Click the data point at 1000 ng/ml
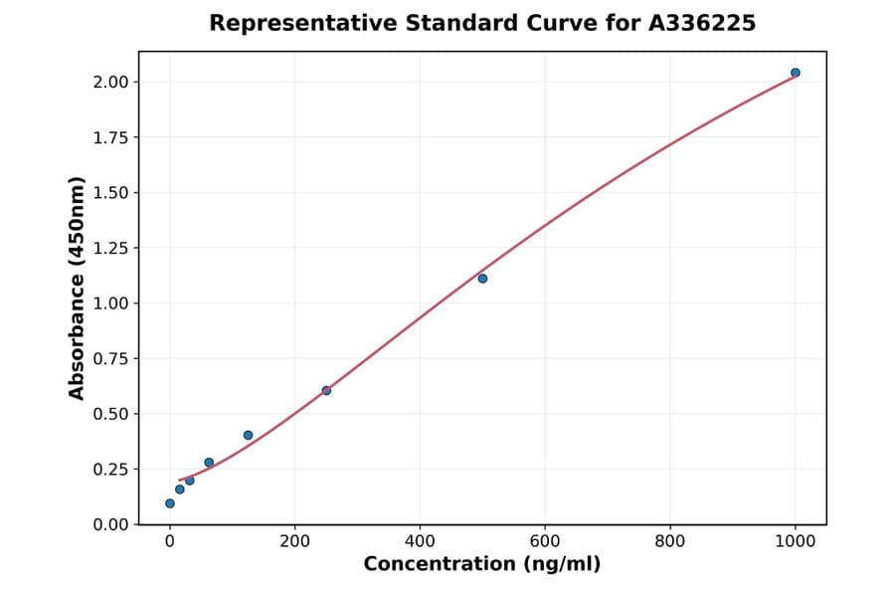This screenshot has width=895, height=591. tap(796, 73)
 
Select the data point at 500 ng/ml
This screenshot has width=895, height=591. tap(482, 279)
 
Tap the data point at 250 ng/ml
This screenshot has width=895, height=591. tap(326, 390)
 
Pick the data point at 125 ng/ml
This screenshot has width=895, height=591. tap(248, 435)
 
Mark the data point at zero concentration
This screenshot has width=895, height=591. tap(170, 503)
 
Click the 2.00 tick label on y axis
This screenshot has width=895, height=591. tap(111, 82)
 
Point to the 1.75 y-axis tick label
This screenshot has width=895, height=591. tap(111, 137)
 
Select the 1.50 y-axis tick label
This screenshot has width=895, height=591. tap(111, 192)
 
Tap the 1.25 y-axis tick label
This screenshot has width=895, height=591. tap(111, 248)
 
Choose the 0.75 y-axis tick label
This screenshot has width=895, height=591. tap(111, 358)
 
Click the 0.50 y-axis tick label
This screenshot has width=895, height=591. tap(111, 414)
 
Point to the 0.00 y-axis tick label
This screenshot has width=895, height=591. tap(111, 524)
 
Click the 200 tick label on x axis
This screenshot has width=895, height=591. tap(294, 542)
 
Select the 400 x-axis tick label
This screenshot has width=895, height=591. tap(420, 542)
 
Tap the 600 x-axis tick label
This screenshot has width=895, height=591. tap(545, 542)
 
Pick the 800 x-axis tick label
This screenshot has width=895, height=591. tap(670, 542)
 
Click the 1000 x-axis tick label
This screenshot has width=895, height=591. tap(796, 542)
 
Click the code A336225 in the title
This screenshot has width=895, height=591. tap(703, 23)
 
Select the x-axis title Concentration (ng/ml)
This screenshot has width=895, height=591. tap(482, 564)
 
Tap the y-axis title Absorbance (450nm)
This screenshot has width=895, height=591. tap(78, 289)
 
